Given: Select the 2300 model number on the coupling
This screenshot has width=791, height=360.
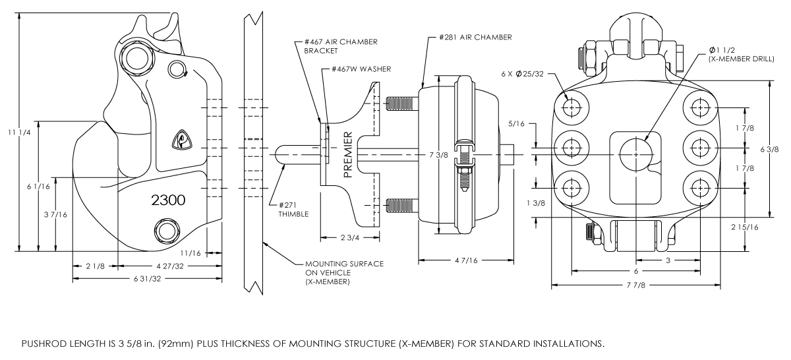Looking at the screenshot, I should (x=168, y=200).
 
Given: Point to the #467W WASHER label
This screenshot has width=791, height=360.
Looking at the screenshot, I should (x=361, y=69).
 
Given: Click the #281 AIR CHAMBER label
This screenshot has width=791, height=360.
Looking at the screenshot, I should (x=475, y=38).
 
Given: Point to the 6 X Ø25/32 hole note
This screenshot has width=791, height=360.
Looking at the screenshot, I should (x=523, y=74).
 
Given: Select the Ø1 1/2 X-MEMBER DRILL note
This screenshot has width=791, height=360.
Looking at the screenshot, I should (x=736, y=55).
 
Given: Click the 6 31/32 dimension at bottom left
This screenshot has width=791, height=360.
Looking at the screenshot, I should (x=146, y=279).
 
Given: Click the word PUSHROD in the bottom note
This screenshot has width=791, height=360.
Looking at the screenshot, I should (x=41, y=344).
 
